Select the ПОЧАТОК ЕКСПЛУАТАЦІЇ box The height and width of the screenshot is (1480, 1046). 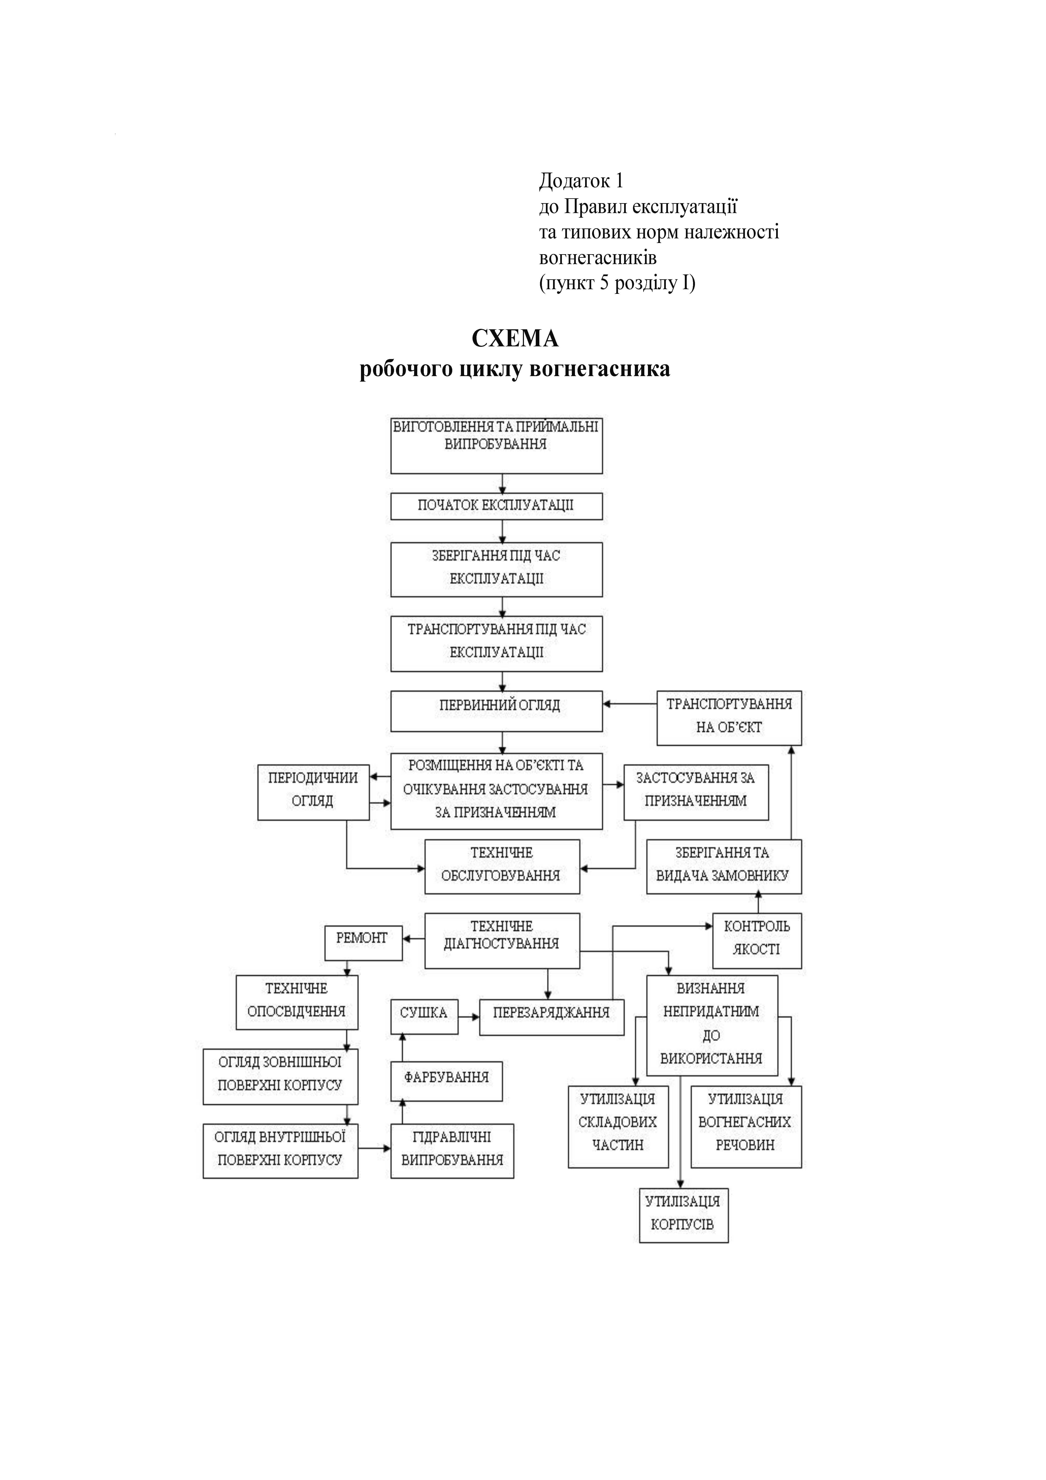click(x=496, y=506)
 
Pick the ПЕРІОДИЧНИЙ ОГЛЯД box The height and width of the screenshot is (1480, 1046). click(x=313, y=791)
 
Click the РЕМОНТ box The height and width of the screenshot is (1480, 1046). click(x=363, y=943)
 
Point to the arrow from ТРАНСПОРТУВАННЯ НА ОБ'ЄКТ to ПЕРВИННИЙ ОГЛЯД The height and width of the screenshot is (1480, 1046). click(x=630, y=704)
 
